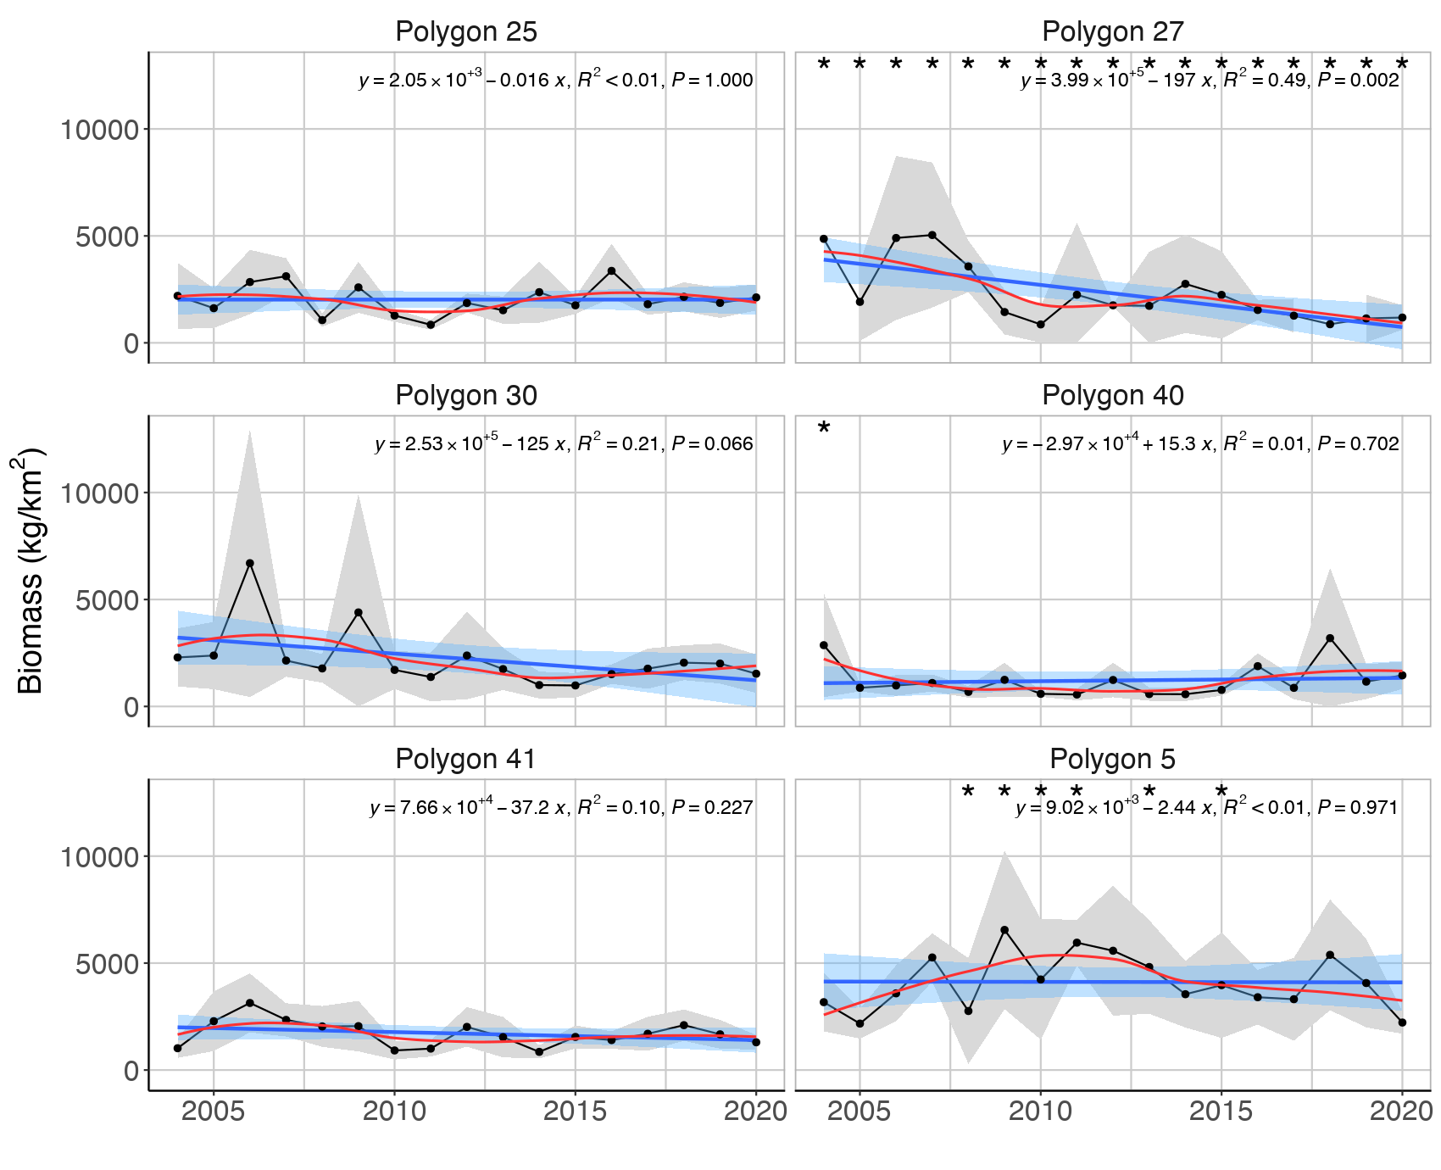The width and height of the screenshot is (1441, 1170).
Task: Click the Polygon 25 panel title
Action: tap(466, 31)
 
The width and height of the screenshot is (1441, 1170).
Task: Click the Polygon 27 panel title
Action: tap(1112, 31)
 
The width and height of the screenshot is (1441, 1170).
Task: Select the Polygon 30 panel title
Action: tap(466, 395)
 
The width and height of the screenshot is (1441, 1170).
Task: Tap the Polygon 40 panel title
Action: tap(1112, 395)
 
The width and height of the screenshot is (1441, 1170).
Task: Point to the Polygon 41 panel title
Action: tap(466, 759)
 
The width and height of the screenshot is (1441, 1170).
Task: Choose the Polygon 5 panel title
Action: tap(1112, 759)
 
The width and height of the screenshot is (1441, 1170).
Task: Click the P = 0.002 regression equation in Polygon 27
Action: tap(1210, 81)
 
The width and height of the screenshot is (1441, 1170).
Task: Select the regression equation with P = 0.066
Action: tap(564, 443)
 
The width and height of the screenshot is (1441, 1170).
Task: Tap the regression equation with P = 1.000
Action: tap(556, 81)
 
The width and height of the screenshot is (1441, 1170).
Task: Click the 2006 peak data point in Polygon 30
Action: tap(250, 563)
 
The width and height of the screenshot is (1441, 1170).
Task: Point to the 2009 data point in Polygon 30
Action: tap(359, 612)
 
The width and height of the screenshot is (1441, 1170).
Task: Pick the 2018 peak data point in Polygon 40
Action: tap(1330, 638)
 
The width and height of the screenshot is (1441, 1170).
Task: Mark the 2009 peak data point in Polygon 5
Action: tap(1004, 930)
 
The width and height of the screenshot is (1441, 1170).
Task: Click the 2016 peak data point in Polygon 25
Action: tap(611, 271)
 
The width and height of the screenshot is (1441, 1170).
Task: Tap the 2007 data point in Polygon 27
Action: tap(932, 235)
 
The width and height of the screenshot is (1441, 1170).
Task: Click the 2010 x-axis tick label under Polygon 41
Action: tap(394, 1111)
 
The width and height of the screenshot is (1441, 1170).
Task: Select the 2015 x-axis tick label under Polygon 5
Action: tap(1221, 1111)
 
